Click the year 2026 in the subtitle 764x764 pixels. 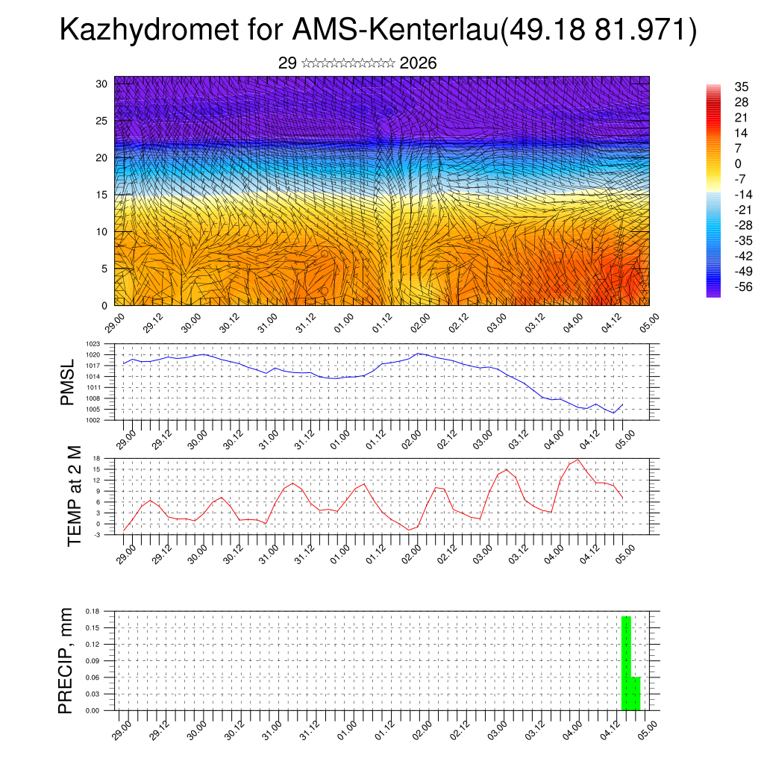418,63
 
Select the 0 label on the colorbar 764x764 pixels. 738,163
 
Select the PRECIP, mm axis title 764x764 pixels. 67,660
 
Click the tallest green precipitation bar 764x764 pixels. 626,663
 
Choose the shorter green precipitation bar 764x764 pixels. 636,694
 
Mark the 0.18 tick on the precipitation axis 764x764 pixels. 93,611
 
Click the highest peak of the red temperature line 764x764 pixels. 577,460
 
